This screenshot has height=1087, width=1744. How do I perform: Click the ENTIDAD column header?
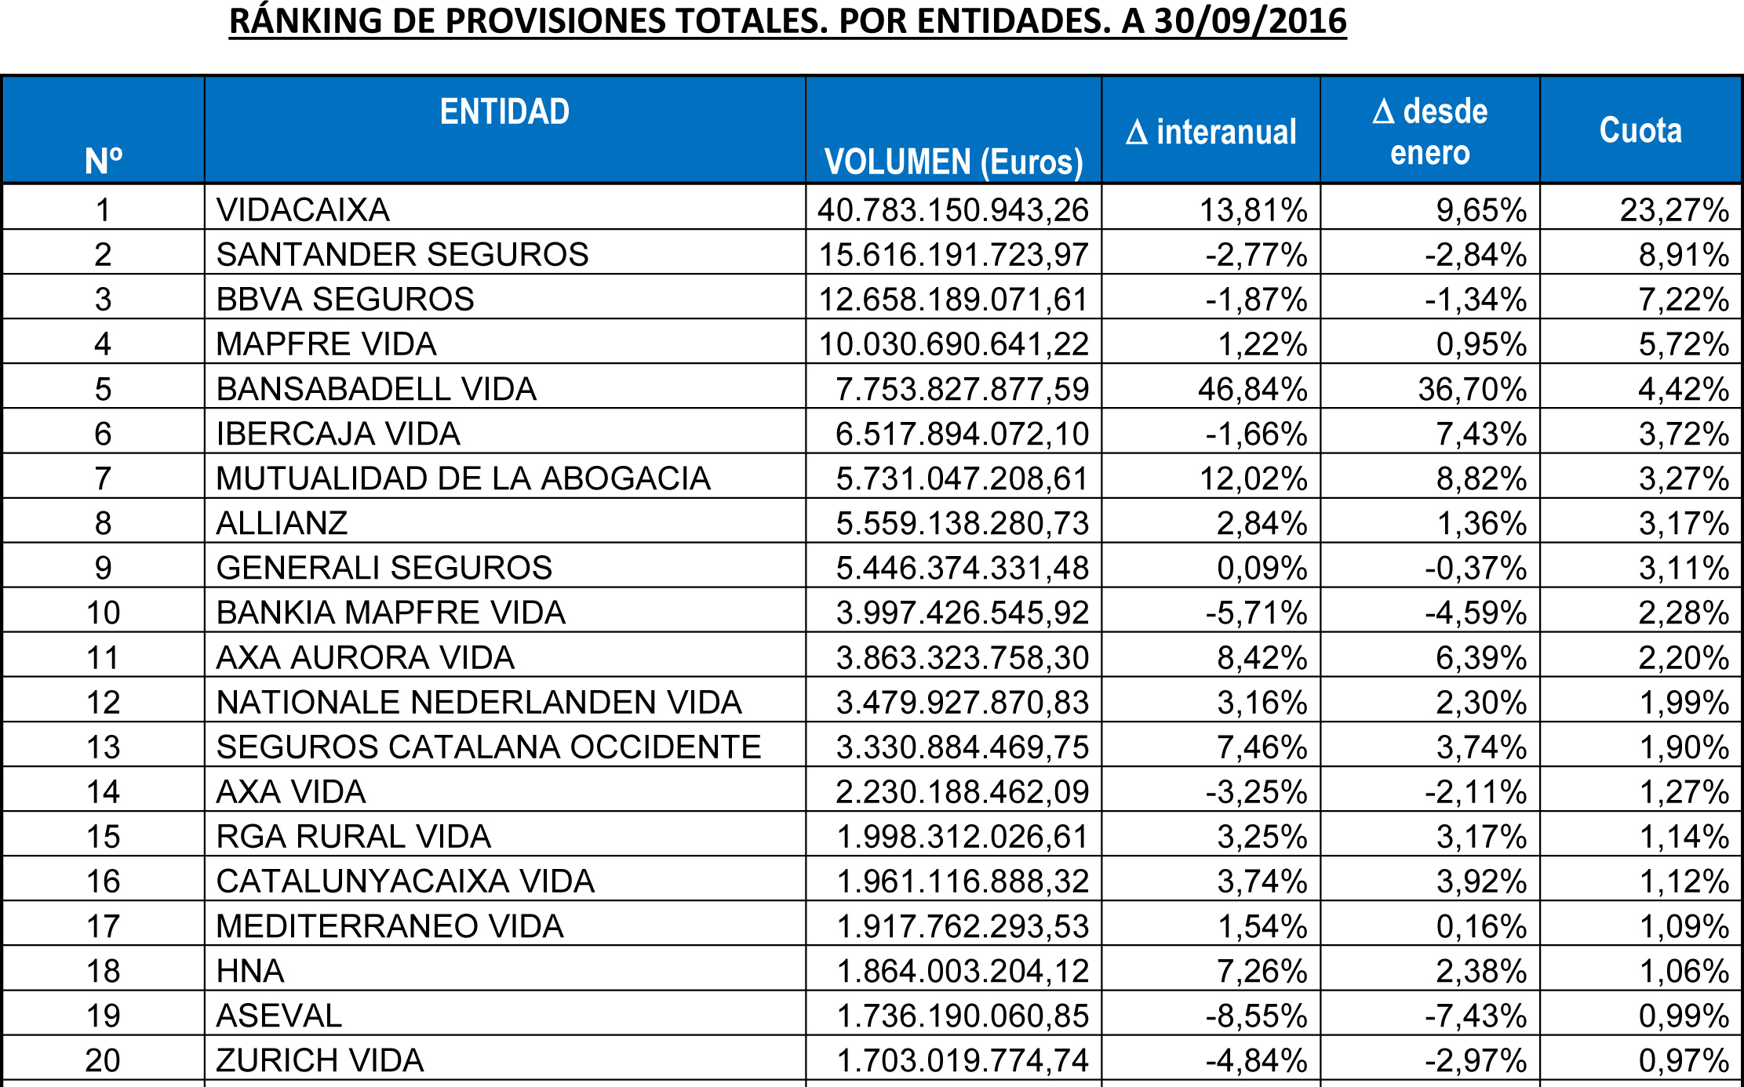pyautogui.click(x=504, y=112)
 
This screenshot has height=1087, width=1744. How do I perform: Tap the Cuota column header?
pyautogui.click(x=1640, y=130)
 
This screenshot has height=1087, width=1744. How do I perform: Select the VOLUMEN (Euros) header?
pyautogui.click(x=953, y=162)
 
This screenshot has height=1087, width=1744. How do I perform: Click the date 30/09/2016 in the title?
pyautogui.click(x=1251, y=21)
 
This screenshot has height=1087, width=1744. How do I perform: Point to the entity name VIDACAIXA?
pyautogui.click(x=303, y=210)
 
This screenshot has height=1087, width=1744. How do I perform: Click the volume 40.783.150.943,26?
pyautogui.click(x=953, y=210)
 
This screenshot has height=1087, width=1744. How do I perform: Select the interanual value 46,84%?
pyautogui.click(x=1252, y=389)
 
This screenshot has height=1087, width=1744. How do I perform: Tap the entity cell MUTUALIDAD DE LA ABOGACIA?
pyautogui.click(x=463, y=478)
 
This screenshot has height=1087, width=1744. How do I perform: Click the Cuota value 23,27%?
pyautogui.click(x=1674, y=210)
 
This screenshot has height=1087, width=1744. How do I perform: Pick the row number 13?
pyautogui.click(x=103, y=747)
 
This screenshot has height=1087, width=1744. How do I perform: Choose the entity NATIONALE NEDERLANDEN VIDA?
pyautogui.click(x=479, y=703)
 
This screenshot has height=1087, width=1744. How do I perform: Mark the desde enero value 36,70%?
pyautogui.click(x=1472, y=389)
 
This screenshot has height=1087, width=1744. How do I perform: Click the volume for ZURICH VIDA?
pyautogui.click(x=963, y=1060)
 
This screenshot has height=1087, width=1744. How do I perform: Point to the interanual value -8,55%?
pyautogui.click(x=1256, y=1016)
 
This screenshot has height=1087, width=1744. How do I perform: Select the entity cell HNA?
pyautogui.click(x=250, y=971)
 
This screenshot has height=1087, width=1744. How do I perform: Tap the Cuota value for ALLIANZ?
pyautogui.click(x=1684, y=523)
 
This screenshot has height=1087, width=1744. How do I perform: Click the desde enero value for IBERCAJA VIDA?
pyautogui.click(x=1481, y=434)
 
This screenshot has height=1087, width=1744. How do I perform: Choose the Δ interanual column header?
pyautogui.click(x=1211, y=133)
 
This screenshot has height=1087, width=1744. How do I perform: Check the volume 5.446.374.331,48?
pyautogui.click(x=963, y=568)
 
